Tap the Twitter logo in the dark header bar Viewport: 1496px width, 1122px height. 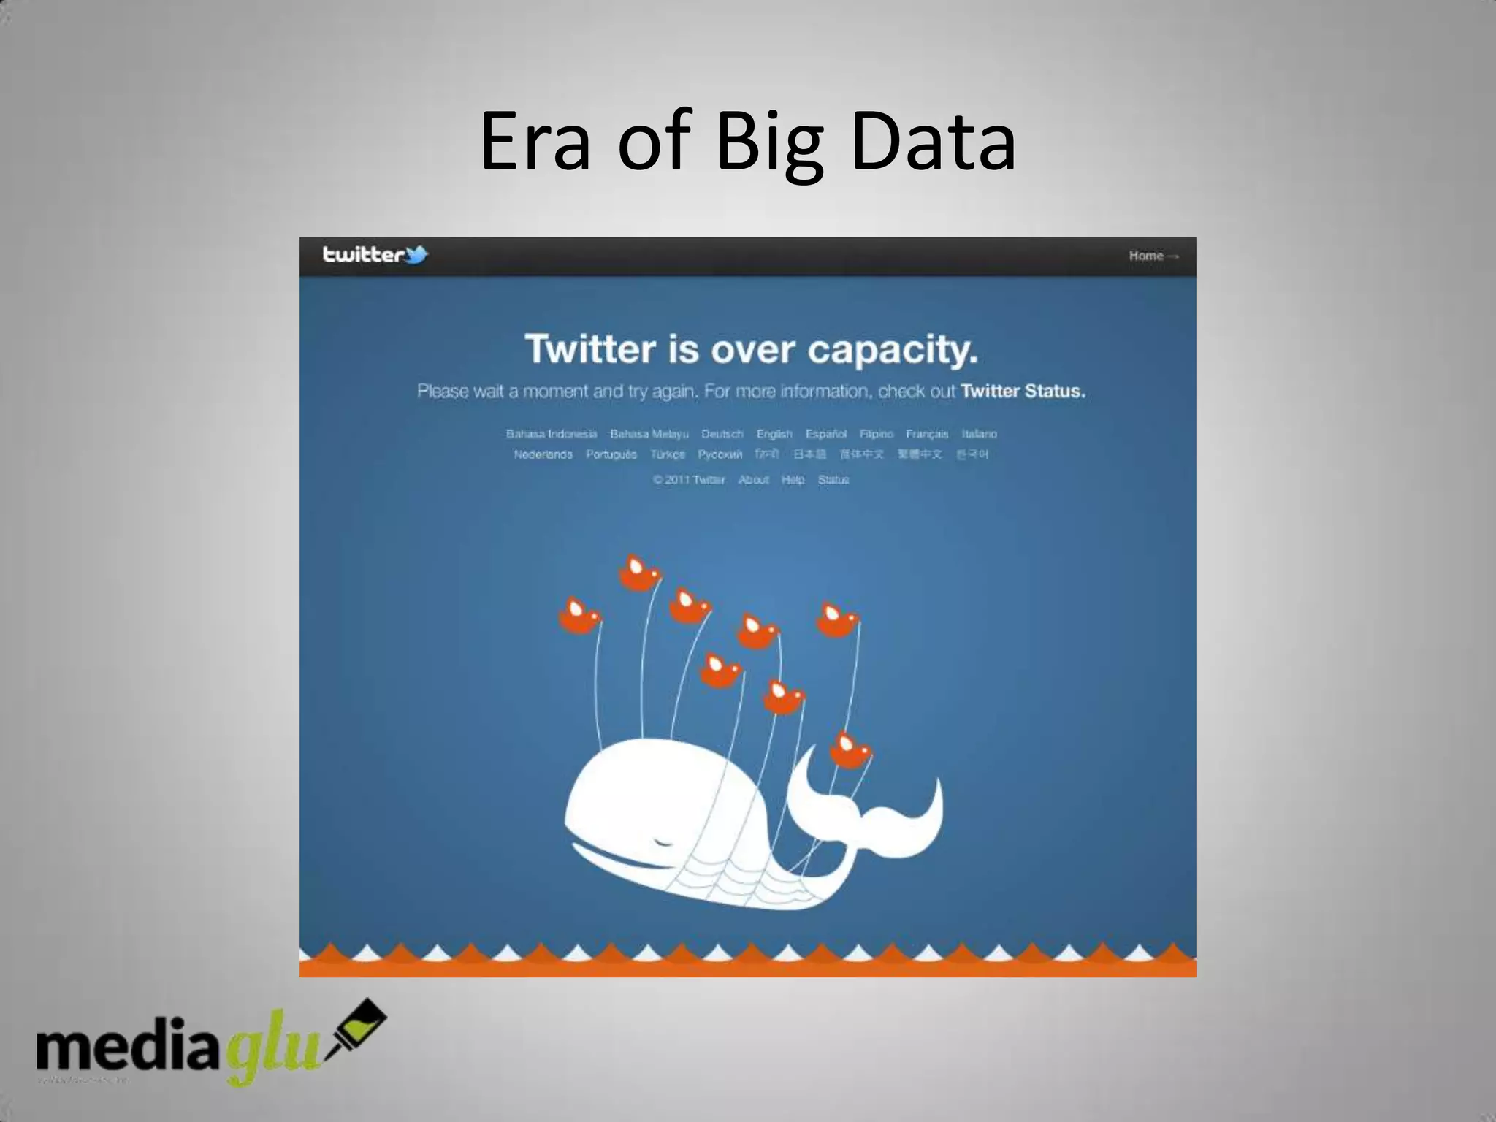pos(375,255)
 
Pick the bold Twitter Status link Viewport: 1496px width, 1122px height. pos(1023,391)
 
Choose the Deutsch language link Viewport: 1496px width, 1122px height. pos(722,434)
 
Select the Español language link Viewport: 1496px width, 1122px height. pos(825,434)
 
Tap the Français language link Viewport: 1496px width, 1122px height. pos(926,434)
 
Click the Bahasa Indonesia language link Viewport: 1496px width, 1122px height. pos(552,434)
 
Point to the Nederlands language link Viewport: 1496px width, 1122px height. pos(543,454)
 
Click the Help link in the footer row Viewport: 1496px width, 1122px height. pos(793,480)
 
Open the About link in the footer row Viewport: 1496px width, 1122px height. pos(753,480)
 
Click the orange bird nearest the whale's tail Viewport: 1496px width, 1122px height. pos(850,750)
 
